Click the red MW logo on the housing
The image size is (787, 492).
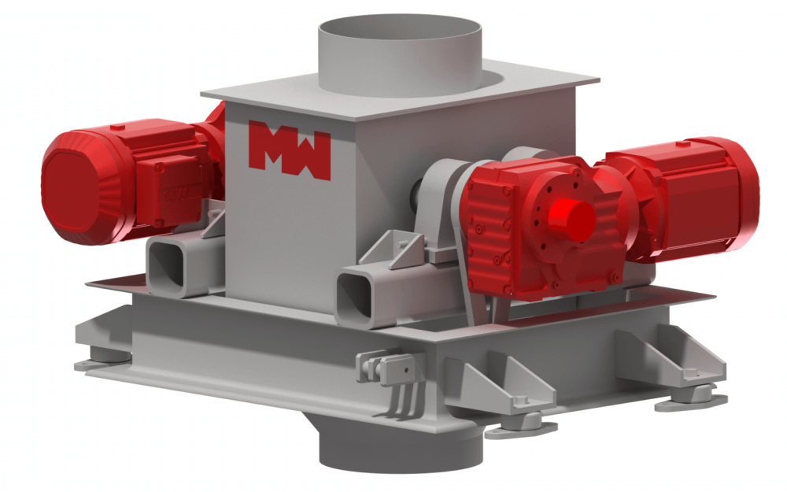pos(290,149)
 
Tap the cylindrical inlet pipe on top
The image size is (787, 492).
pos(400,55)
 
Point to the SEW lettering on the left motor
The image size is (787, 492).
pos(174,194)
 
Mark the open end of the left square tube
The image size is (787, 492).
pos(165,266)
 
